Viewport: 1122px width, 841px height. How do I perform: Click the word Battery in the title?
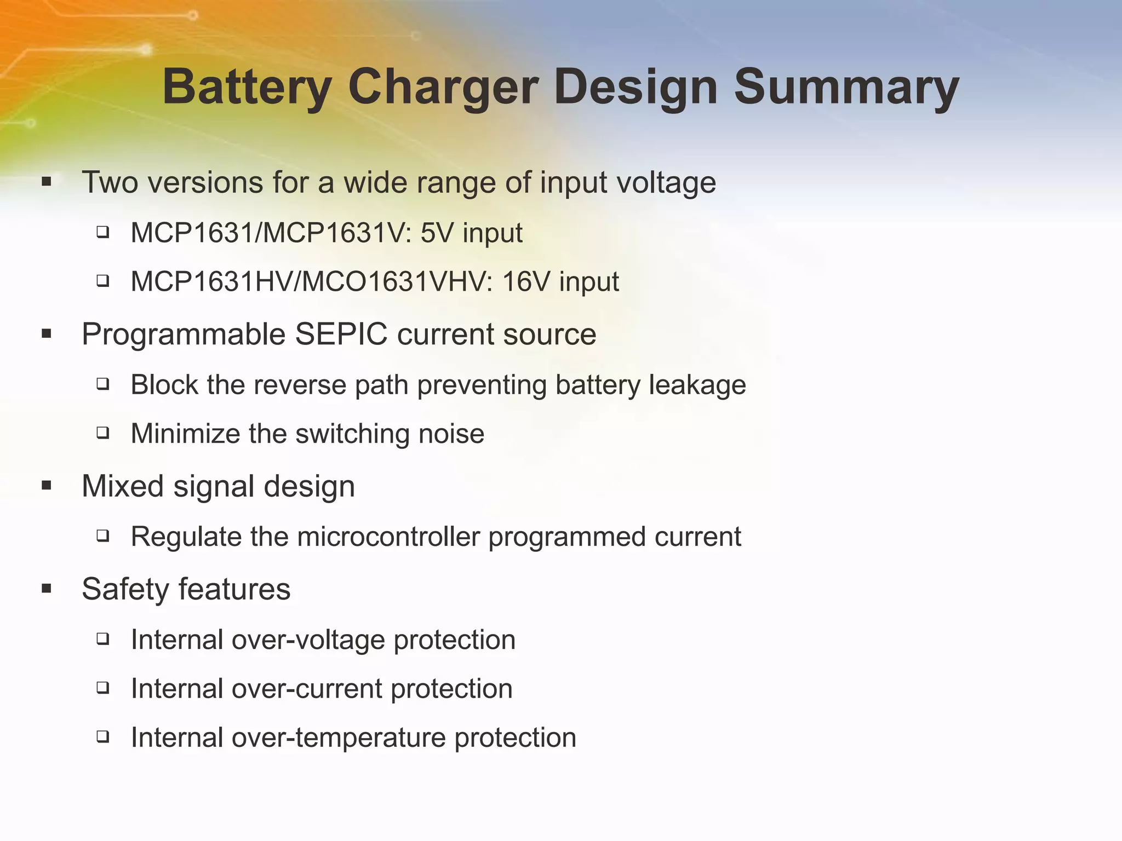pos(247,88)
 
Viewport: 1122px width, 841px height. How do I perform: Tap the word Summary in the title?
pos(846,88)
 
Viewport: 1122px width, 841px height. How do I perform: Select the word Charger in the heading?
pos(443,88)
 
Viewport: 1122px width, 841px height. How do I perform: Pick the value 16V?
pos(526,282)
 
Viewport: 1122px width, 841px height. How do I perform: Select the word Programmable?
pos(184,334)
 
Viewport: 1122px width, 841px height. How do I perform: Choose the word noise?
pos(451,434)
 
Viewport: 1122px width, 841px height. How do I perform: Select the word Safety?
pos(125,589)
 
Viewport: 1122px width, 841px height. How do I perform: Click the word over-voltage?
pos(308,640)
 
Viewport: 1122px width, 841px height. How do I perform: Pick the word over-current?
pos(307,689)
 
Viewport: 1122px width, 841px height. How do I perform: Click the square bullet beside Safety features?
pos(47,589)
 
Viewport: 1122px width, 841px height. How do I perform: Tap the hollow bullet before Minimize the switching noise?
pos(102,433)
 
